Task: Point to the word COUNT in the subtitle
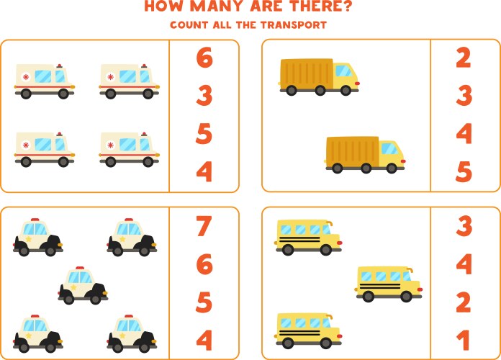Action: (189, 25)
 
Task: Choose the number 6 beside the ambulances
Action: (204, 58)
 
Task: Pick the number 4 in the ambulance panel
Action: (204, 172)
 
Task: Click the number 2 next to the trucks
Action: (464, 58)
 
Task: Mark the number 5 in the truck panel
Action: (464, 172)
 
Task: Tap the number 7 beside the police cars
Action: (204, 226)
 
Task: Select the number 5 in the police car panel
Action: (204, 302)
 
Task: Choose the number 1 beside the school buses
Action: (464, 340)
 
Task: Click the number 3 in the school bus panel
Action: (464, 226)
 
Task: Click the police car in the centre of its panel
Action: (83, 285)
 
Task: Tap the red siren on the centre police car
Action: (80, 269)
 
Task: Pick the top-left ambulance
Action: (45, 81)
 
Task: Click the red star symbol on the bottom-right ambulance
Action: (112, 145)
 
